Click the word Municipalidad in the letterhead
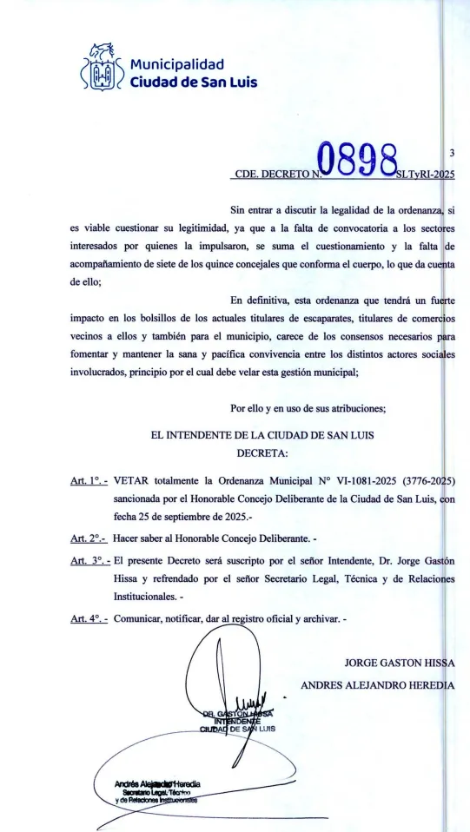[x=177, y=63]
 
